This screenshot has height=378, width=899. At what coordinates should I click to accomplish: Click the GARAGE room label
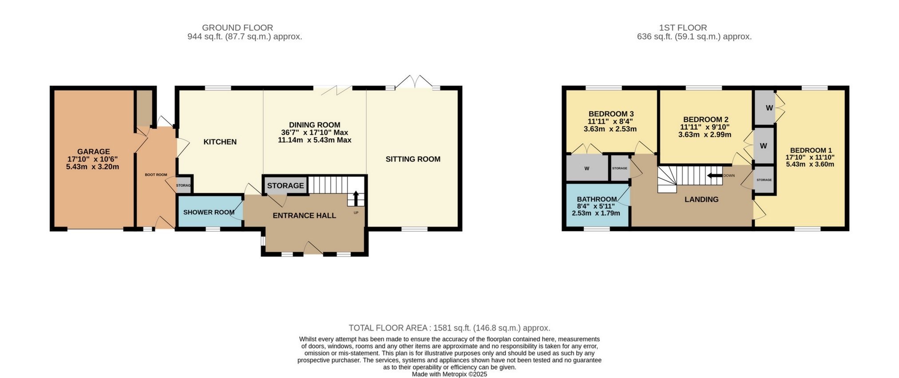tap(93, 152)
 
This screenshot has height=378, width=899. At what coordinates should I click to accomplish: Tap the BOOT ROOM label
tap(156, 175)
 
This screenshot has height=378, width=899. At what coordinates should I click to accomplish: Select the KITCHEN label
tap(220, 142)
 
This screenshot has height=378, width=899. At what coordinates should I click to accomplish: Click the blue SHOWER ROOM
tap(209, 212)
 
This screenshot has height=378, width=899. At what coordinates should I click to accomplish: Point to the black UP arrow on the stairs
tap(356, 197)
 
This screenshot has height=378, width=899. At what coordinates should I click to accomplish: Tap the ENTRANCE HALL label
tap(304, 216)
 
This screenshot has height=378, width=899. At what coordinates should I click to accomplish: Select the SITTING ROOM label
tap(413, 159)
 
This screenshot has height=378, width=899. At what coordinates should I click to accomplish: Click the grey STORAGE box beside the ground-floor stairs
tap(285, 185)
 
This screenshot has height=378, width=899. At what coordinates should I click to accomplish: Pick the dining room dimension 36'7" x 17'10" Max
tap(314, 133)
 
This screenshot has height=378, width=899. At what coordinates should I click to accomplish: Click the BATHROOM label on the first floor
tap(597, 199)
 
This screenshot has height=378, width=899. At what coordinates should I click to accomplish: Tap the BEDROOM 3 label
tap(611, 114)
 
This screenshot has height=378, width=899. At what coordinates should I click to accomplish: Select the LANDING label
tap(701, 200)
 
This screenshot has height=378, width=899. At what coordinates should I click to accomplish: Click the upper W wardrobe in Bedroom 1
tap(769, 108)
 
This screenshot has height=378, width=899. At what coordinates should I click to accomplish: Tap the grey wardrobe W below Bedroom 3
tap(586, 169)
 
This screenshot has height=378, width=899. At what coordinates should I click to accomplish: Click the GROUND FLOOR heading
tap(238, 28)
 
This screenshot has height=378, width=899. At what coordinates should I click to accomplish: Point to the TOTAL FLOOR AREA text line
tap(449, 328)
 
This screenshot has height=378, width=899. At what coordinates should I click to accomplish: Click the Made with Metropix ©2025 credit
tap(449, 374)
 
